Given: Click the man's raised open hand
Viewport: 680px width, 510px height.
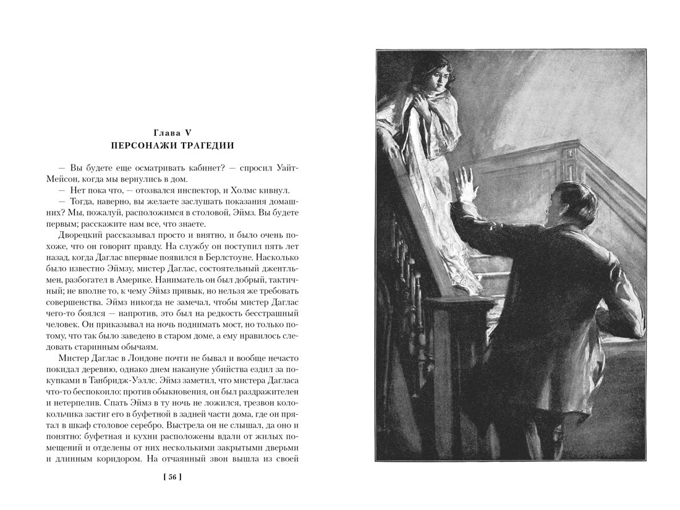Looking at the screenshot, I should (464, 186).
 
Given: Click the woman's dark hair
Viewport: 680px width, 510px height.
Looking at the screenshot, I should (435, 62).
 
